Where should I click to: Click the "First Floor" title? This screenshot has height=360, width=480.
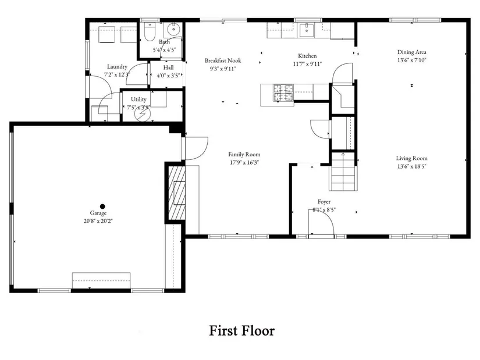pyautogui.click(x=242, y=331)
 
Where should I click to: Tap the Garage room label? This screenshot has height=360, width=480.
pyautogui.click(x=98, y=213)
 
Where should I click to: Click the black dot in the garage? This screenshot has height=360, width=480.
pyautogui.click(x=102, y=206)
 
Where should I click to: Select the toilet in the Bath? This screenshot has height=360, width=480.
pyautogui.click(x=150, y=31)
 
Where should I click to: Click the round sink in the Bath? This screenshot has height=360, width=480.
pyautogui.click(x=174, y=30)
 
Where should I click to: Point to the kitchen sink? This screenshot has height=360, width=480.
pyautogui.click(x=306, y=30)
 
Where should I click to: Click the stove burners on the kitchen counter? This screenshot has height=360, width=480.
pyautogui.click(x=283, y=92)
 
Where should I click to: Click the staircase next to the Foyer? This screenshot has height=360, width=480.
pyautogui.click(x=343, y=172)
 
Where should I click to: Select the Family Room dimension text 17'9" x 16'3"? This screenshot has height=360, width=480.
pyautogui.click(x=244, y=162)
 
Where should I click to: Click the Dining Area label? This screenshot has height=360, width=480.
pyautogui.click(x=411, y=52)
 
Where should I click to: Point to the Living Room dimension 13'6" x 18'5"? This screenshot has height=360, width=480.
pyautogui.click(x=411, y=166)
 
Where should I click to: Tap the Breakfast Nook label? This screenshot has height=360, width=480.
pyautogui.click(x=223, y=60)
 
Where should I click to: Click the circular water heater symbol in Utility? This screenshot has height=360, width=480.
pyautogui.click(x=143, y=114)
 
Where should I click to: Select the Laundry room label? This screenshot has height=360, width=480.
pyautogui.click(x=117, y=67)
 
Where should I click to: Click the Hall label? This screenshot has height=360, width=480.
pyautogui.click(x=168, y=67)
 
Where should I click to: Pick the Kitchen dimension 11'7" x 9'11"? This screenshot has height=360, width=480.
pyautogui.click(x=307, y=64)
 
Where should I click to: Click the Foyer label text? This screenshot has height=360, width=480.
pyautogui.click(x=324, y=202)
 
